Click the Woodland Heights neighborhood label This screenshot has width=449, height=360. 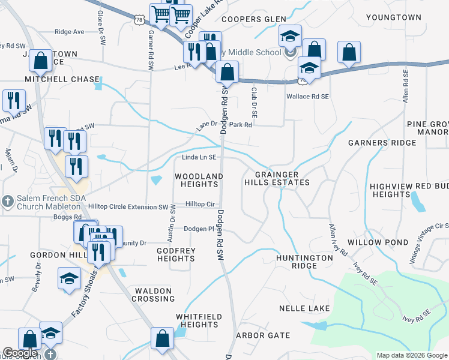tap(199, 180)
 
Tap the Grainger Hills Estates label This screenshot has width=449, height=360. tap(277, 178)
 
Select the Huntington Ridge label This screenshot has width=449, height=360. tap(304, 262)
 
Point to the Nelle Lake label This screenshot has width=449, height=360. tap(304, 308)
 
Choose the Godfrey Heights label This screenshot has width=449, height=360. tap(176, 254)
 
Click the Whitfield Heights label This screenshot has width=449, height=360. tap(199, 320)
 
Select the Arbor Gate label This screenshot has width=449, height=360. tap(262, 335)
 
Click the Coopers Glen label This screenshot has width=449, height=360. tap(254, 19)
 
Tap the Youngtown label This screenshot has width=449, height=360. tap(394, 17)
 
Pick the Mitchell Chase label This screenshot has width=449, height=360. tap(62, 79)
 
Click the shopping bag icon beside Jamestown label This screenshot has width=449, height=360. tap(40, 60)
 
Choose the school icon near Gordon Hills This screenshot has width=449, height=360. tap(69, 278)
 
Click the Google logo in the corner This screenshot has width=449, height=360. tap(20, 353)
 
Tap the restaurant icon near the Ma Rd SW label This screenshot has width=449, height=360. tap(13, 101)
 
